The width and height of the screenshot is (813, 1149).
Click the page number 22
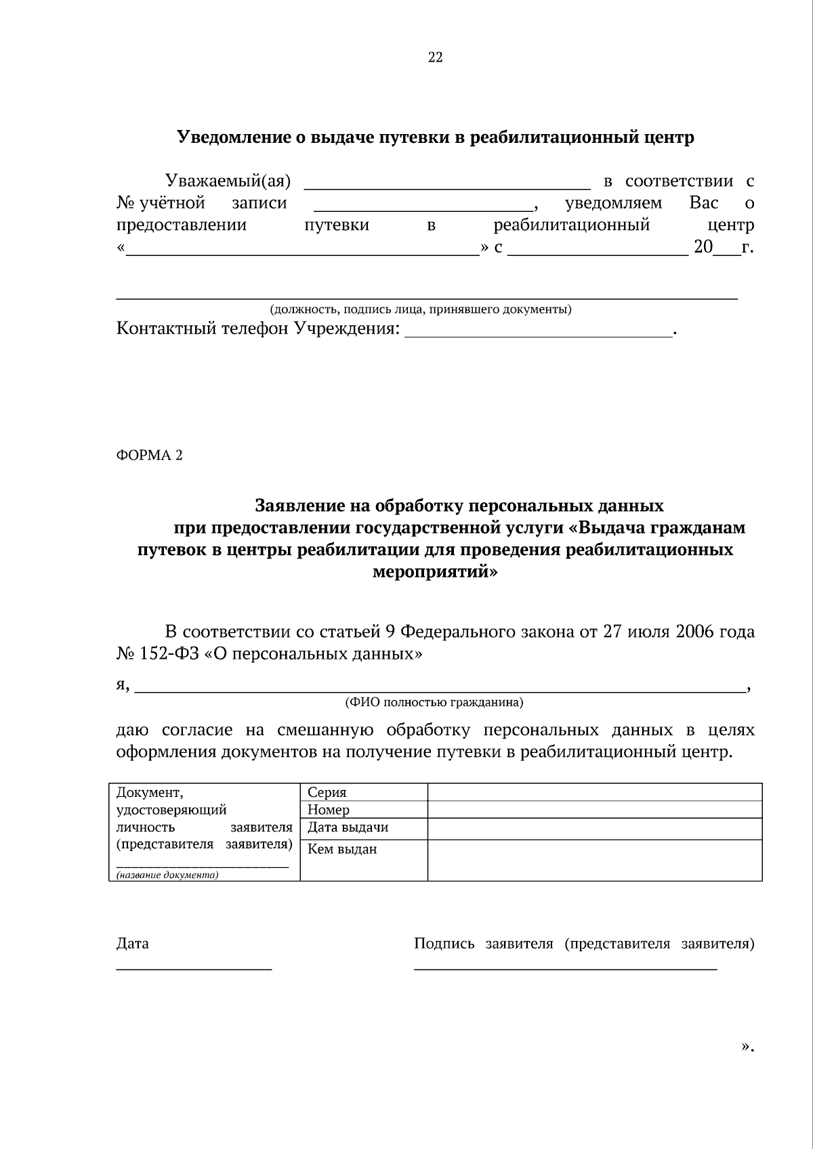click(x=435, y=58)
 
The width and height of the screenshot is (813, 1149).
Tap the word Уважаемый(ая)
click(x=228, y=181)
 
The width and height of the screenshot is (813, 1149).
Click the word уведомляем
click(x=613, y=203)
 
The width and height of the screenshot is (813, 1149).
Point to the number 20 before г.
click(x=703, y=247)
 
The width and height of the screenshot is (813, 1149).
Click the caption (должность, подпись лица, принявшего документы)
click(x=420, y=310)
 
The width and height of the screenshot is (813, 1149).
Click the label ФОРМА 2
click(x=149, y=455)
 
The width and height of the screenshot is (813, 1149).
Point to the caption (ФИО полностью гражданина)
click(x=434, y=703)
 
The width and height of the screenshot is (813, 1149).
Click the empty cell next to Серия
click(x=594, y=792)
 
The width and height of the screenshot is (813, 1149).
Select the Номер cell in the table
click(x=363, y=810)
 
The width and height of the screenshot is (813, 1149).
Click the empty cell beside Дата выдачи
click(x=594, y=829)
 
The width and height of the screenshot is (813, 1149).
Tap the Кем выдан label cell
click(x=363, y=859)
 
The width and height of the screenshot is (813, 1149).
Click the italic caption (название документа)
click(x=167, y=875)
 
